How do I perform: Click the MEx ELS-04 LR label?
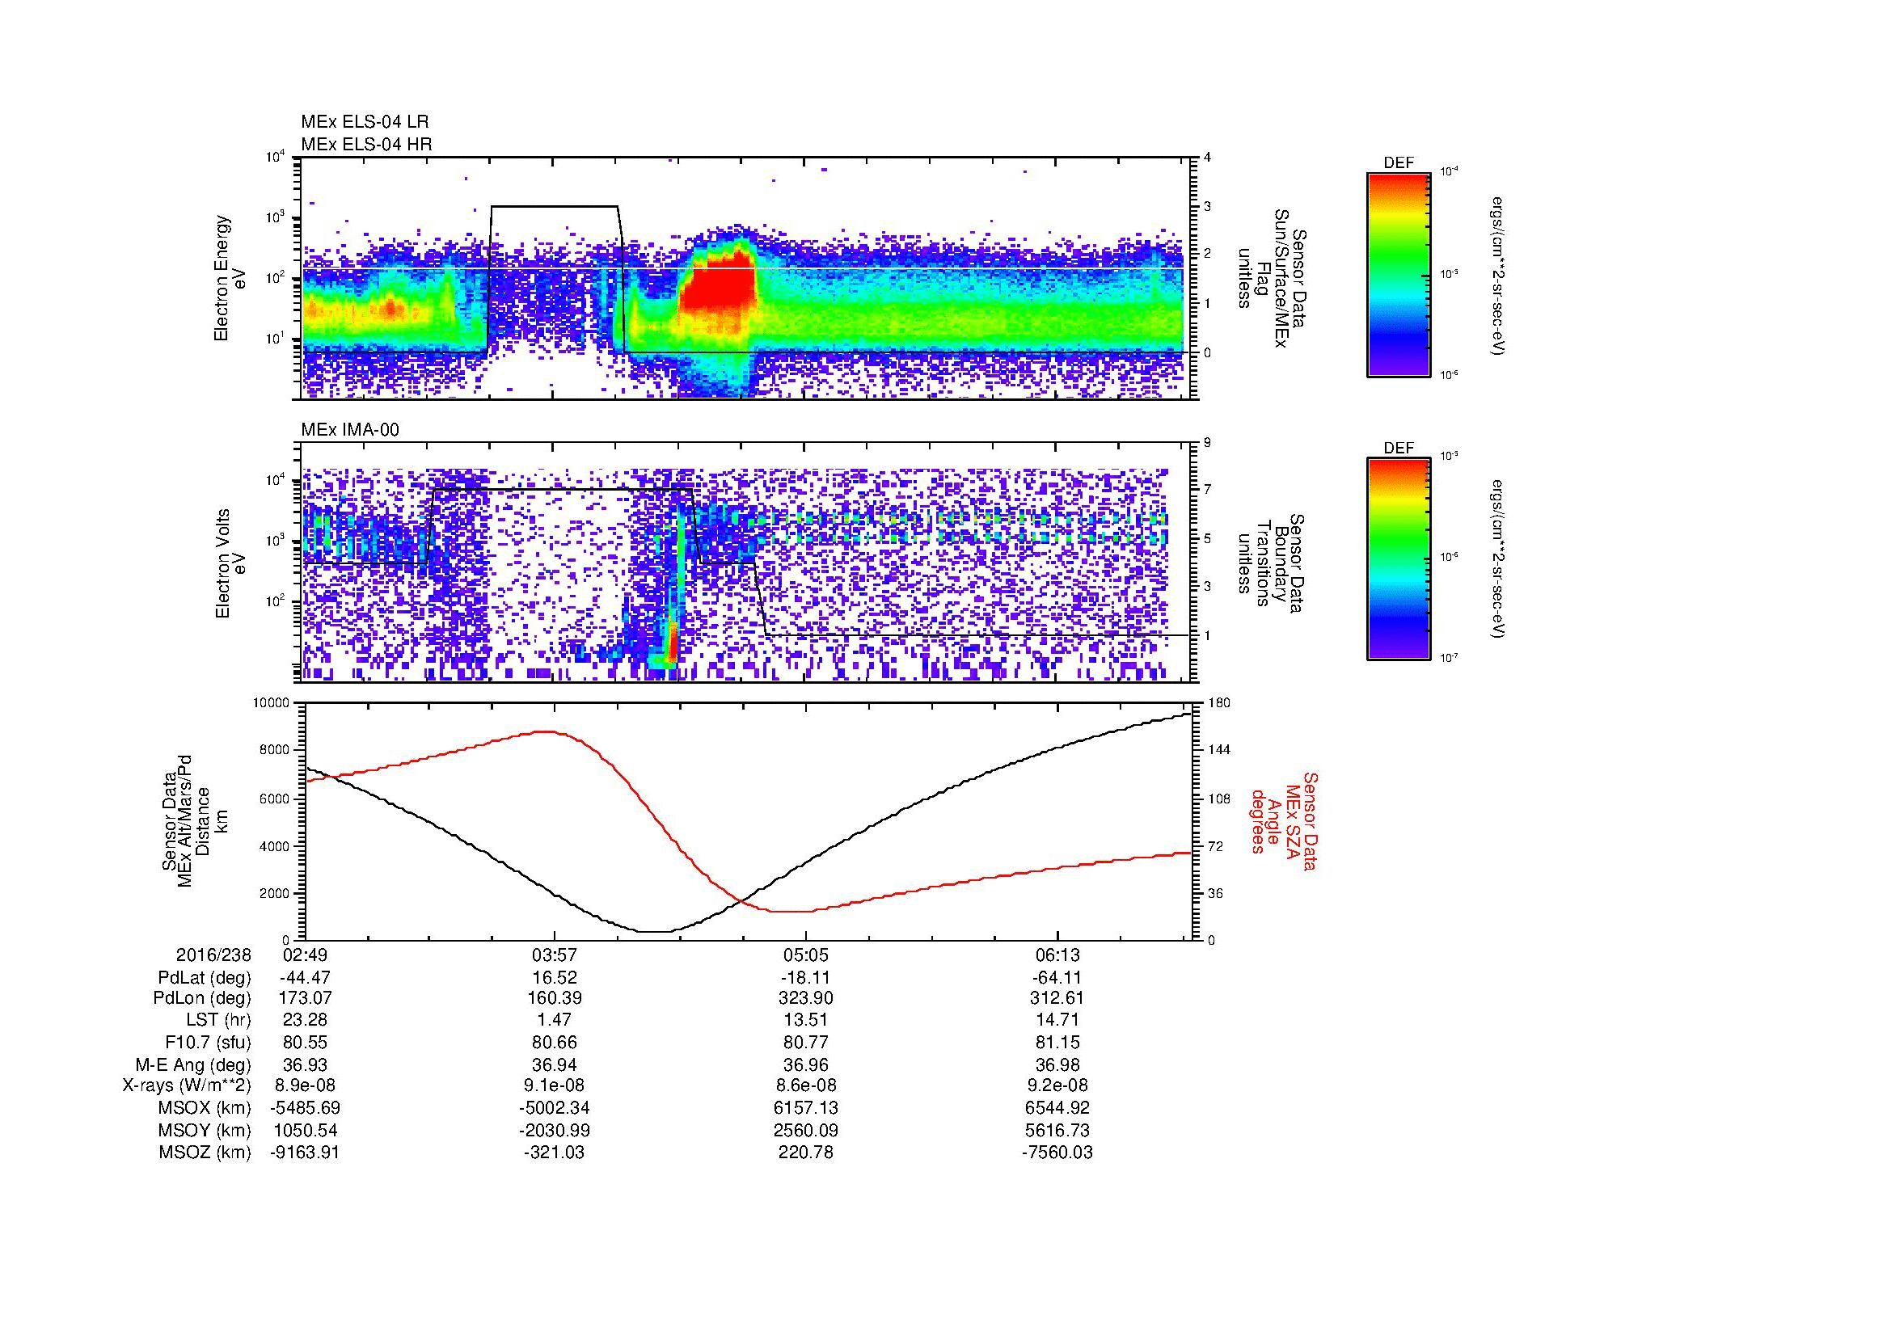point(364,122)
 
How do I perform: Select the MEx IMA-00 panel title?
point(349,430)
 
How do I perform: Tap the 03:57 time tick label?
point(555,955)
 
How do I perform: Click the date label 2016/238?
point(213,955)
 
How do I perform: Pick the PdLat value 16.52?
point(555,978)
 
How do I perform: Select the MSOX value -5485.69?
point(305,1108)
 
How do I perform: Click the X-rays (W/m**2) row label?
point(186,1085)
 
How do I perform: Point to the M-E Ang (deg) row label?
point(192,1064)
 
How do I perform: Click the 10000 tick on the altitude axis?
point(272,703)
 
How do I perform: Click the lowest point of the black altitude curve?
point(655,932)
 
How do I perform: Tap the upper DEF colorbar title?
point(1398,163)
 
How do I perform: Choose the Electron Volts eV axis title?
point(230,564)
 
